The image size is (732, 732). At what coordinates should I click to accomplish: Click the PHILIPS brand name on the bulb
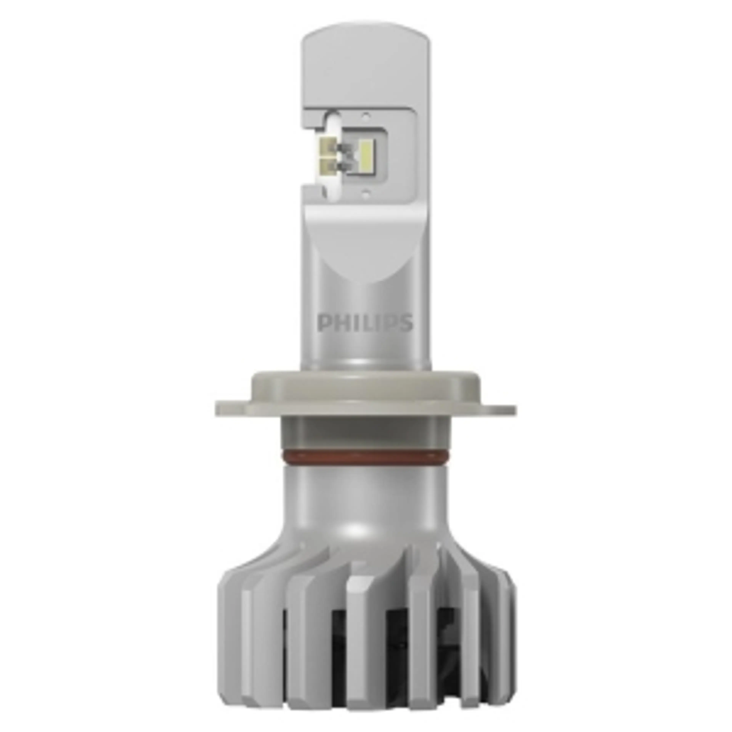pyautogui.click(x=364, y=323)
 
